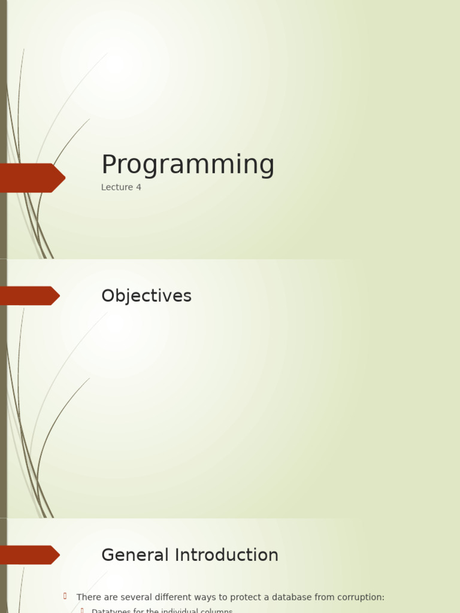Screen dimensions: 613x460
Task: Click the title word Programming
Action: [x=187, y=165]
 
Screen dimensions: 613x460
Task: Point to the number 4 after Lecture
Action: [x=139, y=187]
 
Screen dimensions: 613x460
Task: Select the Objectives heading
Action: [x=146, y=296]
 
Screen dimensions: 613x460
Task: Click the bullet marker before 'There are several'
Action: [x=65, y=596]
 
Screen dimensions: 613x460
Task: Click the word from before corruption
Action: [x=325, y=597]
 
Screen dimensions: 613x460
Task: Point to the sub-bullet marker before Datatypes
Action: [x=82, y=611]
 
